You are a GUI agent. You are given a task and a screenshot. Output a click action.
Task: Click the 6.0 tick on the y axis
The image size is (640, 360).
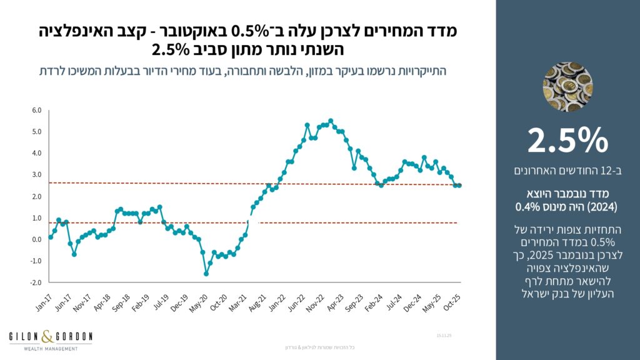(36, 111)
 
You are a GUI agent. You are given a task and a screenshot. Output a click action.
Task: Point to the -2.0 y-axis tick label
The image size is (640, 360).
(36, 282)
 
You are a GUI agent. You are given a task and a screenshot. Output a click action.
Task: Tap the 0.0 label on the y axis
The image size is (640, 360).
(36, 239)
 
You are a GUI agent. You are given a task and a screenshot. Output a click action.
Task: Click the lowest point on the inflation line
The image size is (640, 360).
(206, 274)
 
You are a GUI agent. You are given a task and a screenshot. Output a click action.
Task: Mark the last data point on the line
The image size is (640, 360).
(460, 185)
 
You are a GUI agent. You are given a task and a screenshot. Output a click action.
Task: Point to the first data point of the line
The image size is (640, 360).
(51, 237)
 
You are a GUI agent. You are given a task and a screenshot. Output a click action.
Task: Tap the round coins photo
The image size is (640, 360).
(567, 87)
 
